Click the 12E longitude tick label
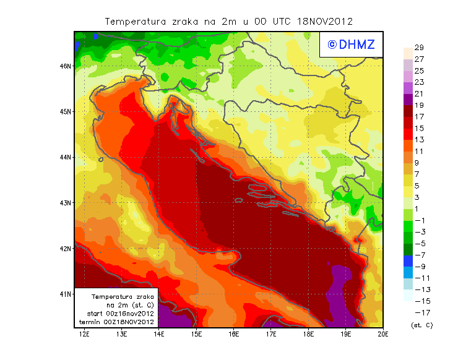(x=85, y=335)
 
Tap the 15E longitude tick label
(x=197, y=335)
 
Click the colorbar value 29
(x=418, y=48)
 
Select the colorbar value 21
(x=418, y=93)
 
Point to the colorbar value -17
(x=420, y=312)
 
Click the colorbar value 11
(x=418, y=151)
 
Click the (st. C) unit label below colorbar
(x=421, y=325)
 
